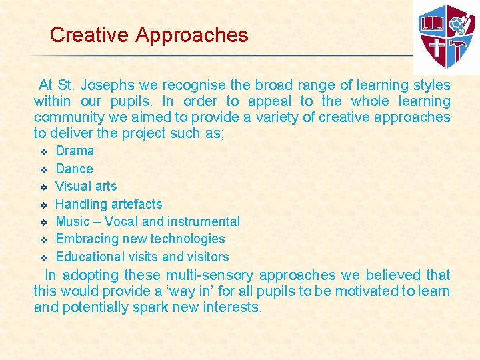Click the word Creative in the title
[89, 35]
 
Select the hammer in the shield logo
[460, 47]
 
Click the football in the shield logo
[456, 25]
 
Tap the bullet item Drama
[75, 151]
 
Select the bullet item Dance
[74, 169]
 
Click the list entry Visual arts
[86, 186]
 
